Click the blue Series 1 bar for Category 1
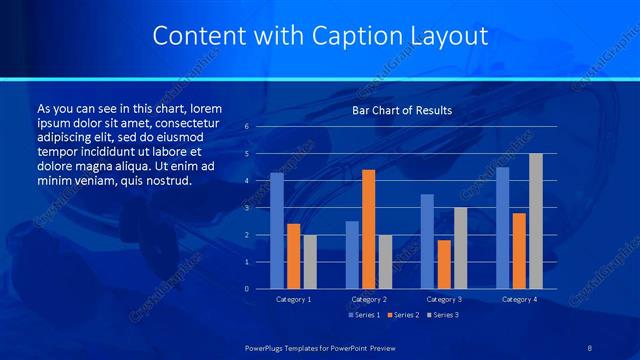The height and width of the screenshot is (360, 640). (x=277, y=231)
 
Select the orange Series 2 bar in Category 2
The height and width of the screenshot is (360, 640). (x=369, y=229)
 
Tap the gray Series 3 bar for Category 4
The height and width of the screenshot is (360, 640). (x=536, y=221)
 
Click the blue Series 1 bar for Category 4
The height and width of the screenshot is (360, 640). (x=502, y=228)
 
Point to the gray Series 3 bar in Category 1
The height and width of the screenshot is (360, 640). (x=310, y=262)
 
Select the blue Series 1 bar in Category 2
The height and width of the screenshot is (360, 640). (x=352, y=255)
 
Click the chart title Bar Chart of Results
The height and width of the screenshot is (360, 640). (x=402, y=110)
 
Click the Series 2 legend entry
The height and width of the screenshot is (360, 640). (x=403, y=315)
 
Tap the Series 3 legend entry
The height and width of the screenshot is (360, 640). (x=443, y=315)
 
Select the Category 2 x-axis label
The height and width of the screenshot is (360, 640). (x=369, y=299)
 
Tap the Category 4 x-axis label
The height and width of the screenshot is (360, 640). (x=519, y=299)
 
